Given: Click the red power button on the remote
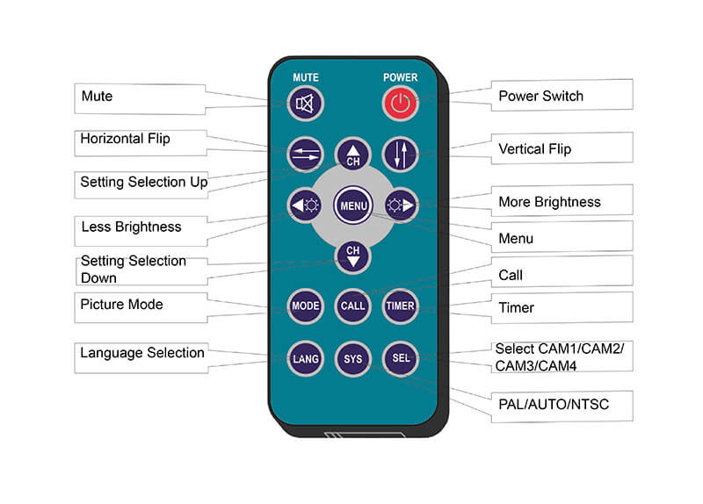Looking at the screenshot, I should [400, 104].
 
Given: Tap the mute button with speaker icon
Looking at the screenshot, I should [305, 104].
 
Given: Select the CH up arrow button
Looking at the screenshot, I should [352, 155].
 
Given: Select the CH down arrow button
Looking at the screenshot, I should [352, 255].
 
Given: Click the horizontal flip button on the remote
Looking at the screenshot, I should [304, 155].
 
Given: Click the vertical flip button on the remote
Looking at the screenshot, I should [401, 155].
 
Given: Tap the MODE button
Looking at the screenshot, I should [304, 306].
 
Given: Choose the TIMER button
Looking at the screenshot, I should [401, 306].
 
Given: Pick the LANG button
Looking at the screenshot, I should [304, 358].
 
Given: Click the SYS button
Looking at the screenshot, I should [352, 358].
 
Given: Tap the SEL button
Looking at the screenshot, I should [401, 358].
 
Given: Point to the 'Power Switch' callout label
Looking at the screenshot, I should [540, 96].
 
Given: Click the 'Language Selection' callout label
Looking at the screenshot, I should [142, 353].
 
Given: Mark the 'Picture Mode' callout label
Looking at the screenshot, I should [121, 305].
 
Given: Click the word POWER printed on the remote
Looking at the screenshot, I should [400, 77].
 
